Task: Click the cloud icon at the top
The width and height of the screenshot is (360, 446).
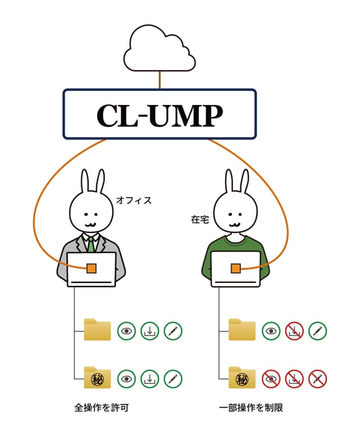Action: [x=160, y=48]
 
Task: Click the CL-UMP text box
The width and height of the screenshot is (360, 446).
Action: [x=159, y=114]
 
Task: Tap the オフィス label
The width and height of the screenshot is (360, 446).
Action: [x=133, y=200]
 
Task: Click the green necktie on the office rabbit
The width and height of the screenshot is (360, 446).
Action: [x=90, y=244]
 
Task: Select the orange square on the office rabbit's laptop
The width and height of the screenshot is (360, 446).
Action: [x=91, y=268]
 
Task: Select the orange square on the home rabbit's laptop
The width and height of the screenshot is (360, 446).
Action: [x=236, y=268]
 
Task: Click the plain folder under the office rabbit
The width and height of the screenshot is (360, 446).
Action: [x=97, y=330]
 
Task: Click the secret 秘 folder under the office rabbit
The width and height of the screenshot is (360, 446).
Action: [x=97, y=378]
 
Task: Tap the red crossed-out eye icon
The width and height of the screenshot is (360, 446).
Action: [x=271, y=379]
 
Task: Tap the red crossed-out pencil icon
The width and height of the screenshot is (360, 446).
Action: [x=317, y=379]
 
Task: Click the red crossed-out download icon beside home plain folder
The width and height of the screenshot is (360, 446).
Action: [x=294, y=331]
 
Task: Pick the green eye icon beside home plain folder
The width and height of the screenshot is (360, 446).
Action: [x=271, y=331]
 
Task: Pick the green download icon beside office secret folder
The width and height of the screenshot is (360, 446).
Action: [x=149, y=379]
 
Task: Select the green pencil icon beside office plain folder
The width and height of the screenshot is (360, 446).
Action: [x=173, y=331]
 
